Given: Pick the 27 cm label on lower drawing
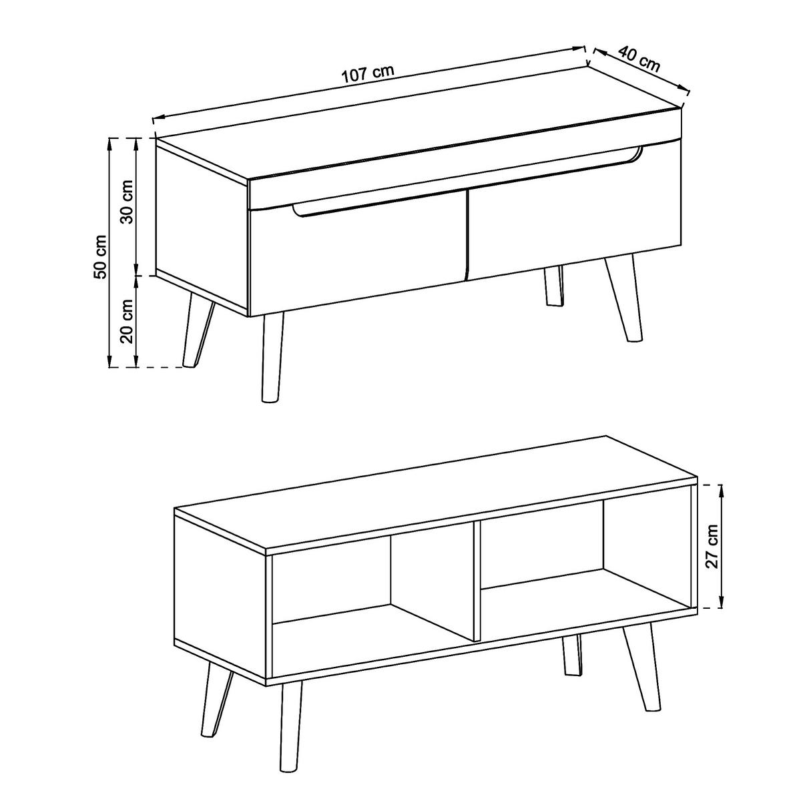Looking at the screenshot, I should pos(712,546).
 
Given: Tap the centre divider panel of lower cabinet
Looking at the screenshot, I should pos(477,581).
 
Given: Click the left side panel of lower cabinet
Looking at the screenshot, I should pos(220,594).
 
